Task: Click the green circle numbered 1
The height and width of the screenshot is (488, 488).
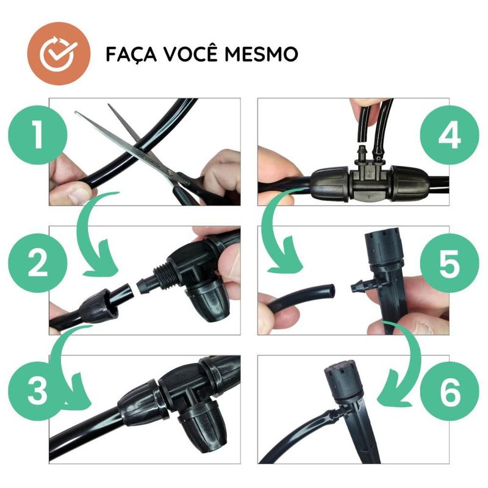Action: click(38, 135)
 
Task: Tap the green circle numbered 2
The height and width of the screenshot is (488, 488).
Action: click(38, 263)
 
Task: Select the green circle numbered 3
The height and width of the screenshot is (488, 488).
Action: click(38, 391)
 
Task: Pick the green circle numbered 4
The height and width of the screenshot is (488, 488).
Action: click(450, 135)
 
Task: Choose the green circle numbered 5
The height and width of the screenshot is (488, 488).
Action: click(450, 263)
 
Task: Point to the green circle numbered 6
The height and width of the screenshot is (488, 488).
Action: click(450, 391)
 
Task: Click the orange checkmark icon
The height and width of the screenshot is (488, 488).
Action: click(59, 54)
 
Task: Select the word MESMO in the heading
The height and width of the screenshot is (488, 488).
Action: click(262, 54)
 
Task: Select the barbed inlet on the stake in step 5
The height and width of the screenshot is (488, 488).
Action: click(359, 285)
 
